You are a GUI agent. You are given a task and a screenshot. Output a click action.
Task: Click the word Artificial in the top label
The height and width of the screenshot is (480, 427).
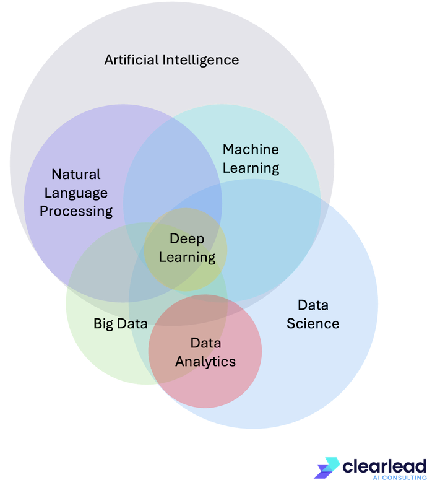(132, 59)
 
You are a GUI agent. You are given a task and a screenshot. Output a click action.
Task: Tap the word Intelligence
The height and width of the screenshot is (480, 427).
(201, 60)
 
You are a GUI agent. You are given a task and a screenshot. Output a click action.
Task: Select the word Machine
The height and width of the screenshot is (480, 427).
(251, 149)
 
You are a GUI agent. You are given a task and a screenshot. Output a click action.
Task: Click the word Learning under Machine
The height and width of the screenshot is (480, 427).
(251, 168)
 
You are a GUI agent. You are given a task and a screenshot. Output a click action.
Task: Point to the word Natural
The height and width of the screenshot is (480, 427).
(76, 174)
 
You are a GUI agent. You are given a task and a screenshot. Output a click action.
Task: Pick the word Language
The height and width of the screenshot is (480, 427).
(76, 193)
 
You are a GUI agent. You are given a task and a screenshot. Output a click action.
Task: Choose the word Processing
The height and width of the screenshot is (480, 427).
(76, 212)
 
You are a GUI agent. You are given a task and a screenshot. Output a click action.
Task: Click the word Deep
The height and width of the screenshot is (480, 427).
(187, 239)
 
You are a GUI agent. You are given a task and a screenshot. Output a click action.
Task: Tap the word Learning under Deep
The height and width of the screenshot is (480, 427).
(187, 258)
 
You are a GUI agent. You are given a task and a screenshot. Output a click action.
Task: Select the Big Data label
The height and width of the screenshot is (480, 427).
(121, 324)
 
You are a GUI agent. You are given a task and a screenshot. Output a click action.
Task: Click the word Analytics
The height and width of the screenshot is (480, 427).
(205, 362)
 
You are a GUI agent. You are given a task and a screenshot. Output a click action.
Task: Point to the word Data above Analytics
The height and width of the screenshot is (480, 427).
(205, 343)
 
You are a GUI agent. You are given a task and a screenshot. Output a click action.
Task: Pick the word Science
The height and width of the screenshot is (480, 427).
(313, 323)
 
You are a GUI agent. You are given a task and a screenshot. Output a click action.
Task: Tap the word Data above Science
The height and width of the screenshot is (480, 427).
(313, 305)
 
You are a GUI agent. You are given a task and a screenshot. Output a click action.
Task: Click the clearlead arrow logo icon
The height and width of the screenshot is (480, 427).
(327, 468)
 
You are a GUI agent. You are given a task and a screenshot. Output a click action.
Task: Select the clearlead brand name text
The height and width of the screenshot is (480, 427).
(384, 466)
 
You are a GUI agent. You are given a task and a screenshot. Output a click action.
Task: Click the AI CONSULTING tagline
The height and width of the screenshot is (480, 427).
(400, 478)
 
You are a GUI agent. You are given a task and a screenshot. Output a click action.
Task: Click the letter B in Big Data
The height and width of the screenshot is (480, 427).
(98, 323)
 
